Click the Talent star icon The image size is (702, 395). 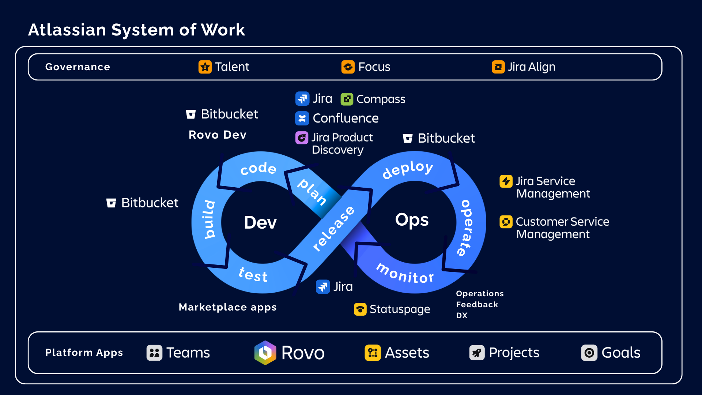[205, 67]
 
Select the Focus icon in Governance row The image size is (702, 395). [348, 67]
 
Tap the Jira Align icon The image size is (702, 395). [498, 67]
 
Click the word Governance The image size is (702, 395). [78, 67]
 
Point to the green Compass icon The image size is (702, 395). [347, 99]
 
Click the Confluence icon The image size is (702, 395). [302, 118]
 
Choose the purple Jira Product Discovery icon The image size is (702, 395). [302, 138]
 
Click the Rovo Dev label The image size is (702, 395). [218, 135]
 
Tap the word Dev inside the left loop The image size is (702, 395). [260, 222]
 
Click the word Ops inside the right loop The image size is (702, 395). [412, 220]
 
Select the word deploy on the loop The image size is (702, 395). [408, 169]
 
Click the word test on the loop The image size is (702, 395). [253, 274]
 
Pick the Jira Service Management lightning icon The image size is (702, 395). [506, 181]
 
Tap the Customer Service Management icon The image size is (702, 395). [506, 222]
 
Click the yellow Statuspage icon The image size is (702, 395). [360, 309]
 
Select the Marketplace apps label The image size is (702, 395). [227, 307]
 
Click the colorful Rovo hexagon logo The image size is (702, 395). [265, 353]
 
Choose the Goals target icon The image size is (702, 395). [589, 353]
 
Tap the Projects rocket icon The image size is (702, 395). [477, 353]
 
